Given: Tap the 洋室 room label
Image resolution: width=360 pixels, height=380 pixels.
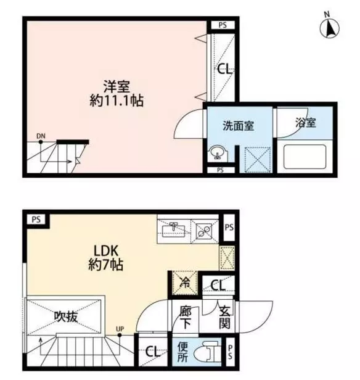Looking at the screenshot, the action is pos(117,86).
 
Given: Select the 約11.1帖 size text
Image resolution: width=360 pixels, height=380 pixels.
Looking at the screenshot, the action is pos(117,101).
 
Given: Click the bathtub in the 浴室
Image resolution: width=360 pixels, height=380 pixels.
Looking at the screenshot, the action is pos(305,156).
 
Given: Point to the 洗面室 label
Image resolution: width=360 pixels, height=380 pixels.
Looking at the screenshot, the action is pos(238,126).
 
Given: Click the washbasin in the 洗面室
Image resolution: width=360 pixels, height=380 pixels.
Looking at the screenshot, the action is pos(218,153).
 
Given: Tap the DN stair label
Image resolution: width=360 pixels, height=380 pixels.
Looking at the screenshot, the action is pos(41,136).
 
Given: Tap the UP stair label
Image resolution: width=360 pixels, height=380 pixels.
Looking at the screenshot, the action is pos(120,329).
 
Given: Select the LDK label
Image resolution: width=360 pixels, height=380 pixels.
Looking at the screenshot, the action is pos(106,251).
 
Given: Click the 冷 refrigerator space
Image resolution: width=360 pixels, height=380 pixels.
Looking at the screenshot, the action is pos(185,283).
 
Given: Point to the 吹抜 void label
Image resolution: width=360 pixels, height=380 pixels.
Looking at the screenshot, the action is pos(65,316).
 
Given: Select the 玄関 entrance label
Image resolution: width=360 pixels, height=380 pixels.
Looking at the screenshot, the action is pos(224,317).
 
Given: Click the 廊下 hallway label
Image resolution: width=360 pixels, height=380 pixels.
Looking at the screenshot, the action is pos(186,318).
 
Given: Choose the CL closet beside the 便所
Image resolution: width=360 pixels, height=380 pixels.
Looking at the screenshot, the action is pos(153,351).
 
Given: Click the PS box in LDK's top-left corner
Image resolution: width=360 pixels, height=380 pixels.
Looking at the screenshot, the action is pos(36,220).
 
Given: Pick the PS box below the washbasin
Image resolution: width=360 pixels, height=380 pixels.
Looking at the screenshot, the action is pos(220,170).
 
